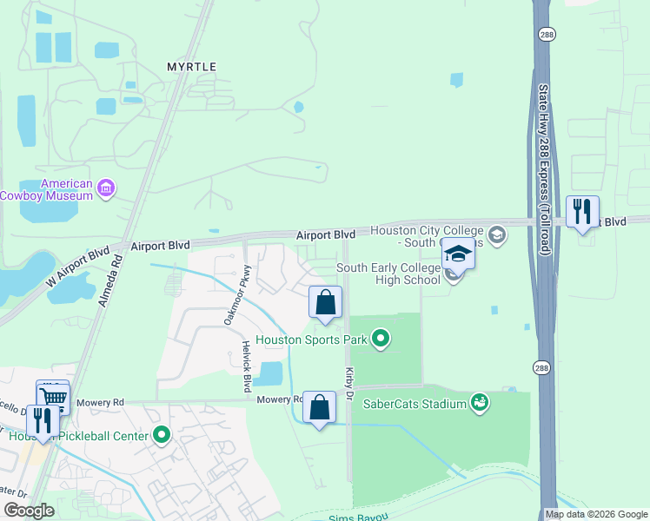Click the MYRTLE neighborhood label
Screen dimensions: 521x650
coord(191,66)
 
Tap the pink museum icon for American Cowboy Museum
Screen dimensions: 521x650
coord(106,188)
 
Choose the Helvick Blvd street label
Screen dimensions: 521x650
coord(247,365)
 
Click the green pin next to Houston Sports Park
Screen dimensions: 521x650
coord(380,339)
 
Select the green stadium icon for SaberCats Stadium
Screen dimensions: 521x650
coord(478,402)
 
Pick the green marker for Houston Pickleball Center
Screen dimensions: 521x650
coord(161,435)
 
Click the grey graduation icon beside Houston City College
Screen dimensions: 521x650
coord(496,234)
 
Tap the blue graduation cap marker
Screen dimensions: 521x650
coord(458,254)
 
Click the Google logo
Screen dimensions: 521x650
coord(29,511)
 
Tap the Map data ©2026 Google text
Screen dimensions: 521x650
coord(596,514)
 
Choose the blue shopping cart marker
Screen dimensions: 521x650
coord(52,397)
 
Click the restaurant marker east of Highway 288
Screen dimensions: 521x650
coord(581,211)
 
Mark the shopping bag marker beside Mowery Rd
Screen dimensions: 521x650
coord(319,406)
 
